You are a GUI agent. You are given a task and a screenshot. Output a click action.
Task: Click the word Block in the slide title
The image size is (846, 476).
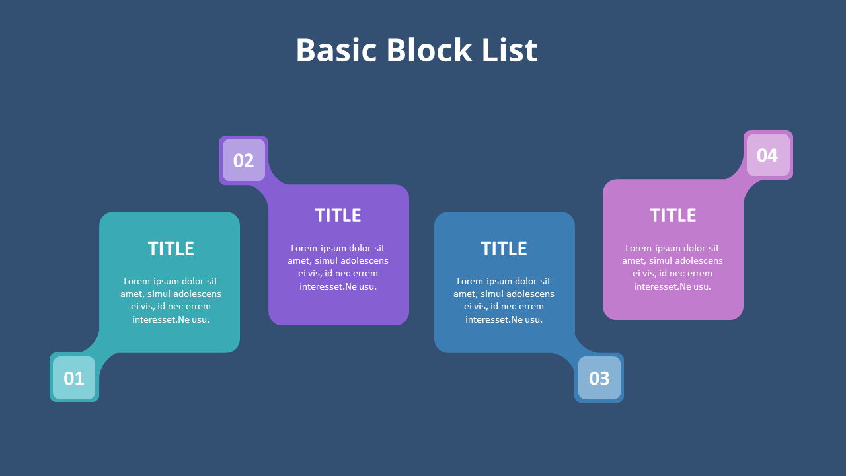tap(429, 50)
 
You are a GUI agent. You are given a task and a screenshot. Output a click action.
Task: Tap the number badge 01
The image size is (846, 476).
tap(74, 378)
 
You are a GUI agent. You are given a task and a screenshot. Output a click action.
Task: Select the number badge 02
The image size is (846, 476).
tap(243, 160)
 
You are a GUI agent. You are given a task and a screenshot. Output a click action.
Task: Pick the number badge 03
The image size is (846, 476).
tap(599, 378)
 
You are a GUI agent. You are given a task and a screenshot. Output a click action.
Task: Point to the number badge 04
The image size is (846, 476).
tap(767, 155)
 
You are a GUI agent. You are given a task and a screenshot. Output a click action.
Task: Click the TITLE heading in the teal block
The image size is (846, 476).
tap(171, 249)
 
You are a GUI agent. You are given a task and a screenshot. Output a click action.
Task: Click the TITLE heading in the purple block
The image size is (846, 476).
tap(338, 216)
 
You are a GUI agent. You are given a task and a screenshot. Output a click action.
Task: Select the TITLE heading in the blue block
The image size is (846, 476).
tap(504, 249)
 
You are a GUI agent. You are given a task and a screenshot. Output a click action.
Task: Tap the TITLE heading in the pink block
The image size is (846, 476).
tap(673, 216)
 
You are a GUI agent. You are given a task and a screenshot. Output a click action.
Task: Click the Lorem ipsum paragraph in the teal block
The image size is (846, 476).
tap(171, 300)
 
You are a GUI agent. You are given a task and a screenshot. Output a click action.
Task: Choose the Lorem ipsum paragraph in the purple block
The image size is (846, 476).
tap(338, 267)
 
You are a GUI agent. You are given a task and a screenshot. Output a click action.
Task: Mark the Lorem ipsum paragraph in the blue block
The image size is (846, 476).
tap(504, 300)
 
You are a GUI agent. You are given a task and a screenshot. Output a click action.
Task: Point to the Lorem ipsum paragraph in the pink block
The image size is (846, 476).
tap(673, 267)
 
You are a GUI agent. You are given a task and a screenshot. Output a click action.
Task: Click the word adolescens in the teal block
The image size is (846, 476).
tap(197, 294)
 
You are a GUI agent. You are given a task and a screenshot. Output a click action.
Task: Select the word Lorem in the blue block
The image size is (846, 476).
tap(470, 281)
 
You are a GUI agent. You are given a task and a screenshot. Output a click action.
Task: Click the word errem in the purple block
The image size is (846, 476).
tap(365, 274)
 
